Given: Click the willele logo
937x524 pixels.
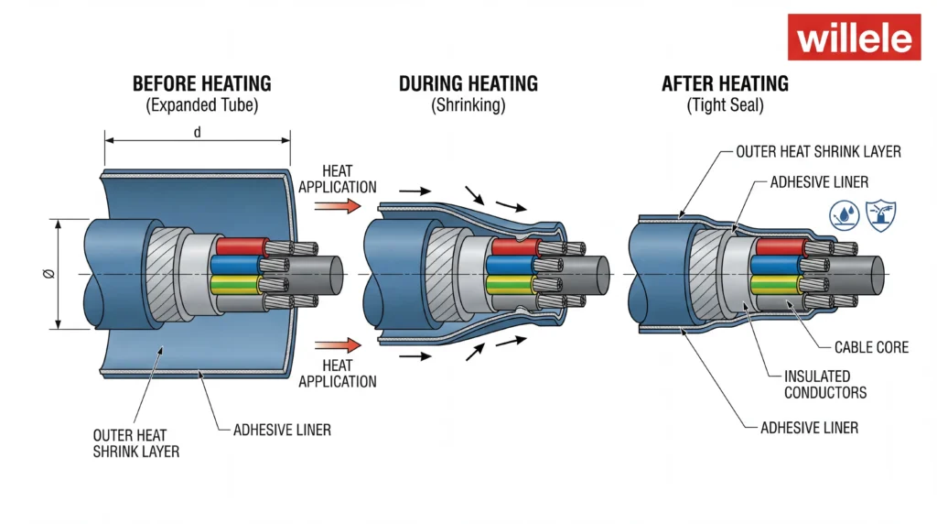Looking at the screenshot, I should pyautogui.click(x=854, y=38).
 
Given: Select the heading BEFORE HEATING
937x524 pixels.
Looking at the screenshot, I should pyautogui.click(x=201, y=84).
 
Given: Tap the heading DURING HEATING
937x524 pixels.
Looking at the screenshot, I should pyautogui.click(x=468, y=84).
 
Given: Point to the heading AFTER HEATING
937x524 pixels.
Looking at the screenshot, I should pyautogui.click(x=725, y=84).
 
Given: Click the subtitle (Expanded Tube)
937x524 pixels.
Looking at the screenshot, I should pyautogui.click(x=201, y=105).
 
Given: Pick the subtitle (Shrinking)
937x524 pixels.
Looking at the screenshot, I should pyautogui.click(x=468, y=105).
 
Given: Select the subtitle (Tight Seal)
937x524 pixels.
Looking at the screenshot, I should pyautogui.click(x=725, y=105).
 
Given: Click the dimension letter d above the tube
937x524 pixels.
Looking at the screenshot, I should pyautogui.click(x=198, y=133).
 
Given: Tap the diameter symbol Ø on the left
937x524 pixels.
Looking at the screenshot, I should pyautogui.click(x=48, y=274).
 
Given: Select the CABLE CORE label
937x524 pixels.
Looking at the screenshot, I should pyautogui.click(x=871, y=347).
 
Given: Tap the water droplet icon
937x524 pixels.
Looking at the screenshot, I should pyautogui.click(x=843, y=214).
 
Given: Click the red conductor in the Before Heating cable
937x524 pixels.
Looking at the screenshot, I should pyautogui.click(x=240, y=246).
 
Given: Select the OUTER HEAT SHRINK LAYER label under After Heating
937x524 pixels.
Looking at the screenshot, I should pyautogui.click(x=818, y=151).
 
